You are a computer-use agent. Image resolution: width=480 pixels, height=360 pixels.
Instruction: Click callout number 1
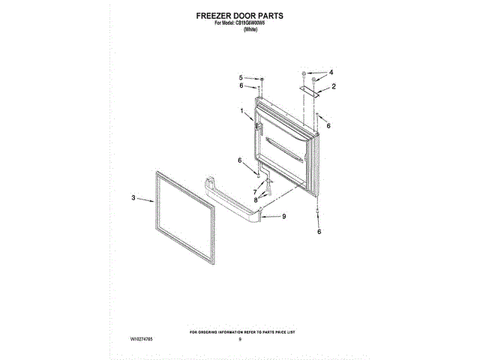pos(241,111)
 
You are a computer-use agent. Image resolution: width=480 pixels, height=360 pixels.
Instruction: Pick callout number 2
pos(333,87)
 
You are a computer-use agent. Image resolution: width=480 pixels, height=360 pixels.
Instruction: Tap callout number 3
pos(133,198)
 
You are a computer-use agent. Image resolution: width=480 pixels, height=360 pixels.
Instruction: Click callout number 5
pos(241,78)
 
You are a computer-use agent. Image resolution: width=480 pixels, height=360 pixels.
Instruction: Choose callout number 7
pos(254,192)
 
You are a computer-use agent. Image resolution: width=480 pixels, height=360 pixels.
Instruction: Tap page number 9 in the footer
pos(240,340)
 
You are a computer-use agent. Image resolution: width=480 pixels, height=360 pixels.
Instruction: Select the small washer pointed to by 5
pos(261,78)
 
